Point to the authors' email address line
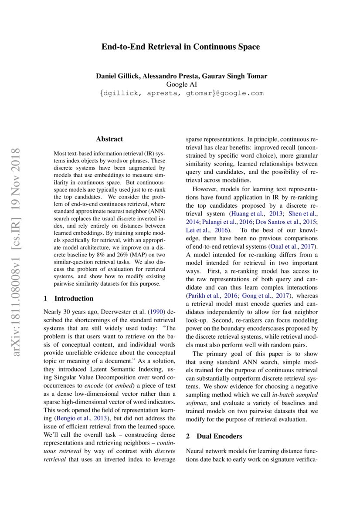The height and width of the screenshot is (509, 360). click(x=180, y=93)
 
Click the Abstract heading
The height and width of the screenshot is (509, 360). click(x=109, y=139)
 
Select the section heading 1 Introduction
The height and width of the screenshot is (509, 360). click(x=69, y=299)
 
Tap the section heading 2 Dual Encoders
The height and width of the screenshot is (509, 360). click(x=214, y=436)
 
